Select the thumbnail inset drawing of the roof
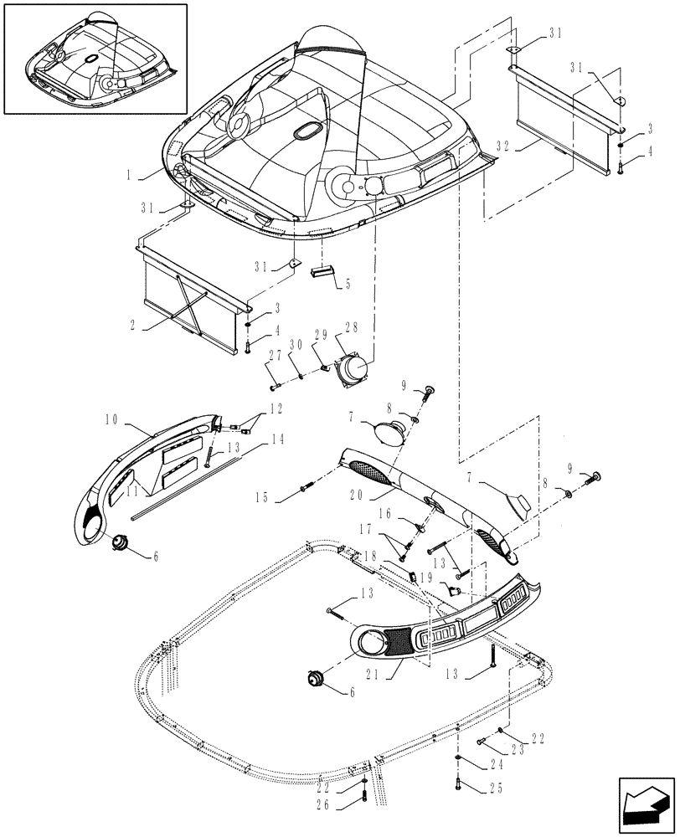[95, 58]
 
